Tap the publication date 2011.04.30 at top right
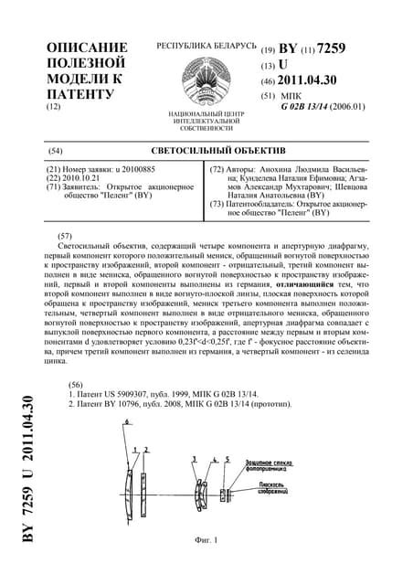[321, 80]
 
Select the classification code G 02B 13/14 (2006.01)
[323, 107]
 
